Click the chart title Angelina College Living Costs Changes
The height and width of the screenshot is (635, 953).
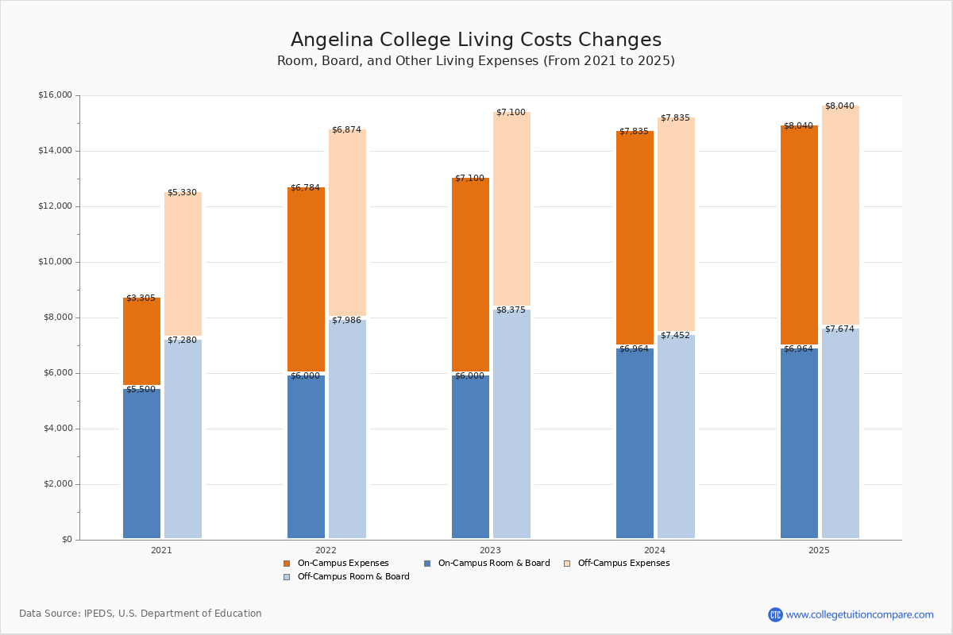pyautogui.click(x=476, y=40)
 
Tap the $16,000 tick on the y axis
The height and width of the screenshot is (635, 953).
pyautogui.click(x=55, y=95)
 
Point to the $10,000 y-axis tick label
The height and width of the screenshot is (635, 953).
pyautogui.click(x=55, y=262)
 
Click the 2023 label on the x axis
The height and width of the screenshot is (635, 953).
pyautogui.click(x=490, y=550)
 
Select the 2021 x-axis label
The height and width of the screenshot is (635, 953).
pyautogui.click(x=161, y=550)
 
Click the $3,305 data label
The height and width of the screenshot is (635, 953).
pyautogui.click(x=141, y=298)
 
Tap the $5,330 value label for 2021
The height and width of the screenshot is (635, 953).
pyautogui.click(x=182, y=193)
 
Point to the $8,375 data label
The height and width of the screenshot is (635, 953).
pyautogui.click(x=511, y=310)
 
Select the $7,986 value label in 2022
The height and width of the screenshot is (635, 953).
pyautogui.click(x=346, y=321)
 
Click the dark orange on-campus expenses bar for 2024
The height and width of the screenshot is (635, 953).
pyautogui.click(x=635, y=238)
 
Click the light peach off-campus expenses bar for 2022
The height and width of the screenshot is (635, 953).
pyautogui.click(x=347, y=222)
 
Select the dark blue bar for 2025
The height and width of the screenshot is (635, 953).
pyautogui.click(x=799, y=444)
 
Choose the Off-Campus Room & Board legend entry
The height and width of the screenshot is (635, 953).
pyautogui.click(x=353, y=577)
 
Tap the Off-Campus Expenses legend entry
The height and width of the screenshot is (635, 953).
pyautogui.click(x=623, y=564)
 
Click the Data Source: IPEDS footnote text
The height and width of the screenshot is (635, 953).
pyautogui.click(x=141, y=614)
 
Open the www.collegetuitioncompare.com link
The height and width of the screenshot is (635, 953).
pyautogui.click(x=859, y=614)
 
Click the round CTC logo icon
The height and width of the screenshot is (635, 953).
pyautogui.click(x=775, y=614)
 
